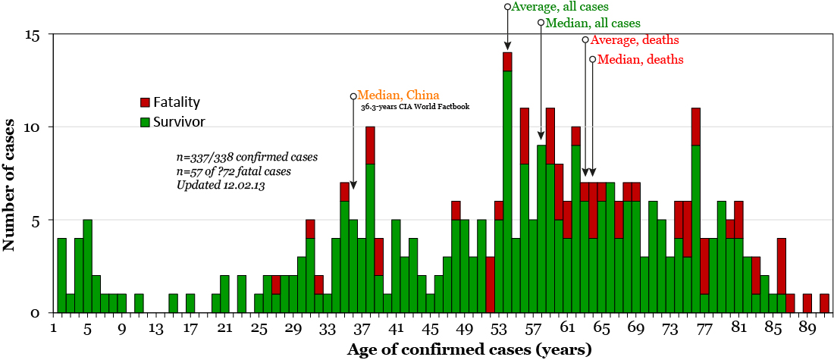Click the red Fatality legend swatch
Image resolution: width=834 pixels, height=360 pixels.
click(145, 102)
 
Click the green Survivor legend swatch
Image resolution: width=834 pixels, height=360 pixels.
click(145, 120)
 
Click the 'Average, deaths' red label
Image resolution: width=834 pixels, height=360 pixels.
click(635, 40)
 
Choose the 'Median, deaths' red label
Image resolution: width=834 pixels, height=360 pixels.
click(640, 59)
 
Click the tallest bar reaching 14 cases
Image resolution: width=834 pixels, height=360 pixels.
click(507, 182)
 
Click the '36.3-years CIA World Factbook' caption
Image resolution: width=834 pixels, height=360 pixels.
click(415, 107)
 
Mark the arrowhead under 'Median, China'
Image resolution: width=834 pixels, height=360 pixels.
click(353, 184)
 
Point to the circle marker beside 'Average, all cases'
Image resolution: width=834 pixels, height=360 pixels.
click(507, 6)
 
